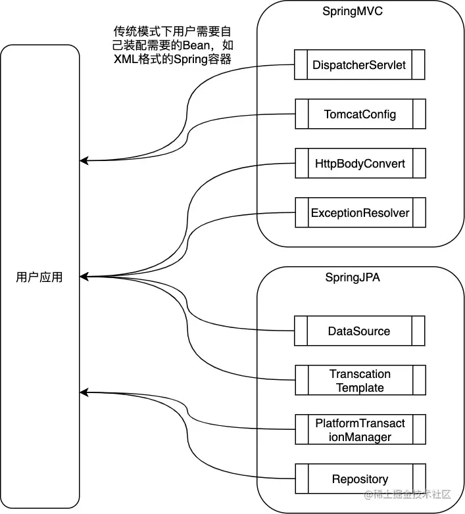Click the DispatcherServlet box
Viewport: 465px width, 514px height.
pos(360,65)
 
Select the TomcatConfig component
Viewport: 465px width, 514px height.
pos(360,114)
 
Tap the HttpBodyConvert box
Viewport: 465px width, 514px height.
pos(360,163)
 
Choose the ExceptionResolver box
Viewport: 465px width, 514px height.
pos(360,212)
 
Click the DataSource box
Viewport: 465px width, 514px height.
pos(360,331)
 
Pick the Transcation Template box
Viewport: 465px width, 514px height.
pos(360,381)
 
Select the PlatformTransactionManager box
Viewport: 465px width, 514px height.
pos(360,430)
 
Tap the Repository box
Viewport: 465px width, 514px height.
pos(360,479)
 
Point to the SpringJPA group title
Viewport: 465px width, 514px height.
pos(353,277)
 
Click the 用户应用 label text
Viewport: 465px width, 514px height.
pos(39,277)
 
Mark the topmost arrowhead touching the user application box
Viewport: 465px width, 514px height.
pos(84,160)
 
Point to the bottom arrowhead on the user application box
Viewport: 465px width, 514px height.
pos(84,393)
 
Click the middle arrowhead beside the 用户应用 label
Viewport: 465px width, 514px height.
pos(84,276)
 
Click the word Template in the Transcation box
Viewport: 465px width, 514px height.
pos(360,388)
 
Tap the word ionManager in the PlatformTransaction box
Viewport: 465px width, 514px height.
pos(360,437)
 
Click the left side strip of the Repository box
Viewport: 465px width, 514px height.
pos(301,479)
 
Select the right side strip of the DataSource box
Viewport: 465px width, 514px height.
pos(418,331)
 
